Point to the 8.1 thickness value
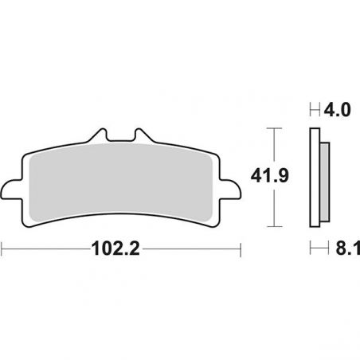tap(345, 248)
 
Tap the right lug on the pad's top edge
tap(142, 137)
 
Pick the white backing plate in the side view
tap(313, 175)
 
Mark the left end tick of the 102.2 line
tap(2, 248)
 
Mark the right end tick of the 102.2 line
tap(241, 248)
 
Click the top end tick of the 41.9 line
tap(274, 127)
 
